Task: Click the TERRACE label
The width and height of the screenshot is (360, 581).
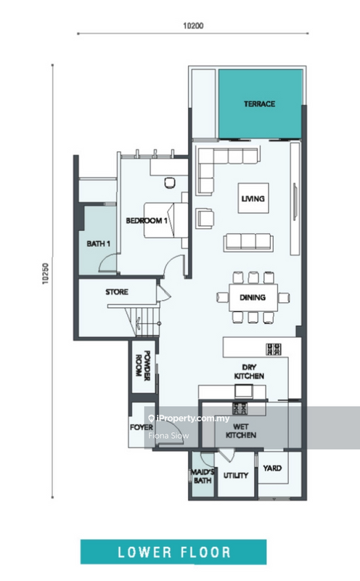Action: pos(259,104)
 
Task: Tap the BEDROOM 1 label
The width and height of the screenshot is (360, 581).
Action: pos(147,221)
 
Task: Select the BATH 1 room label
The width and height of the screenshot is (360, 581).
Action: pos(99,243)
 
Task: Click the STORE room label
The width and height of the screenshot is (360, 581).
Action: pos(117,292)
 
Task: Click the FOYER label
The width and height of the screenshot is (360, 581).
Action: pos(141,427)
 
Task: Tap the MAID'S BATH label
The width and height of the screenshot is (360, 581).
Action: pos(202,476)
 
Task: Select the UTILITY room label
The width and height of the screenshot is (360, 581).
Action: pos(236,475)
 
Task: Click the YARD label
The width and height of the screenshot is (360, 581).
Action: pos(272,468)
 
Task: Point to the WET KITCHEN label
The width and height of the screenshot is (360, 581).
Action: pos(241,431)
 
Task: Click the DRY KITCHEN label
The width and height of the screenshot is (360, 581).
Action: pos(249,372)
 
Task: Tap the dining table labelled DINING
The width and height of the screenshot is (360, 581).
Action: pos(253,298)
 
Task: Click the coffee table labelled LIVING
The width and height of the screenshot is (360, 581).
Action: pos(253,198)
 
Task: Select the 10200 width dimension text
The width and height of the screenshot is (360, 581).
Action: pos(193,25)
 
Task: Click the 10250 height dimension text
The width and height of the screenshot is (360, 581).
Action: pos(46,274)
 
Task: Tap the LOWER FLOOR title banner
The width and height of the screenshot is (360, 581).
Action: pos(173,552)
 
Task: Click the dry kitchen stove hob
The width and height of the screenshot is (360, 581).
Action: pos(274,349)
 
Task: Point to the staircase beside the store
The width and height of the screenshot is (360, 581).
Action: pos(144,320)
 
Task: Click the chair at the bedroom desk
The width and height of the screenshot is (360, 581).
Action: pos(170,183)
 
